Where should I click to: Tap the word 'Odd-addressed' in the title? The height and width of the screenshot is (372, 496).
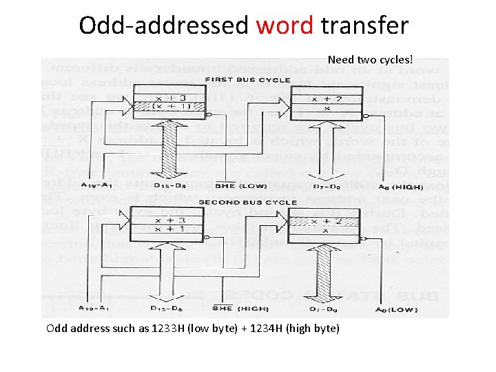[164, 25]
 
